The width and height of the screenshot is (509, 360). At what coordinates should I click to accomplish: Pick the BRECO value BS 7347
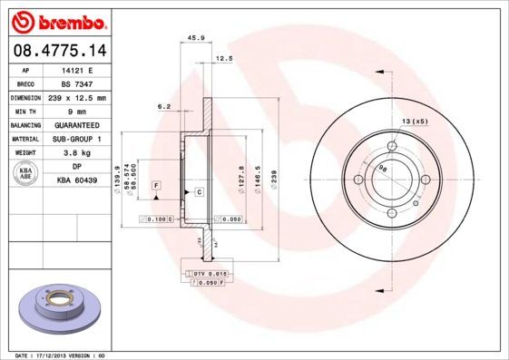77,83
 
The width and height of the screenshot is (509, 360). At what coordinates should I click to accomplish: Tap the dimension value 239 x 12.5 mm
77,97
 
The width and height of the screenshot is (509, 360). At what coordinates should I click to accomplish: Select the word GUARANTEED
77,125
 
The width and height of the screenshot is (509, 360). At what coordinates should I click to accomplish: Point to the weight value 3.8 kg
77,153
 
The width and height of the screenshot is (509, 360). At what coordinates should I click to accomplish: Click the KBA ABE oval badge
26,173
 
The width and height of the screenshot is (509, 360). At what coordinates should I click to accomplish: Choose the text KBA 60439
77,180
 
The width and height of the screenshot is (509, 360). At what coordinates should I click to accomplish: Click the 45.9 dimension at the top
193,37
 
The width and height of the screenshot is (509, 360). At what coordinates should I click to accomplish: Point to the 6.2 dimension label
164,106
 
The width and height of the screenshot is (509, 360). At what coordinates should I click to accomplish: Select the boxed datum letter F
156,185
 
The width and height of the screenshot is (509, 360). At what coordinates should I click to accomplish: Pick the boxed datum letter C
198,192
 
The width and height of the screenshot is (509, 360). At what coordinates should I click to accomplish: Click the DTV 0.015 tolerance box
207,272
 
